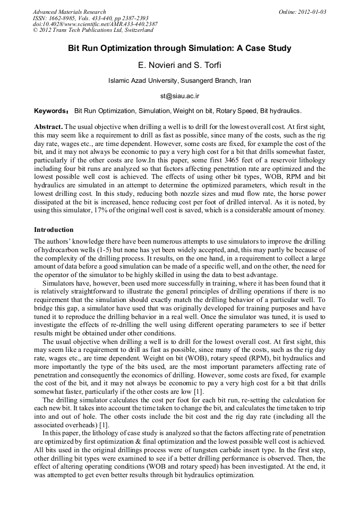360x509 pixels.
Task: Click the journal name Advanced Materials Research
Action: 69,11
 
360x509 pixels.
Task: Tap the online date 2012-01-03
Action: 310,11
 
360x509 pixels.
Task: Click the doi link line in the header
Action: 95,24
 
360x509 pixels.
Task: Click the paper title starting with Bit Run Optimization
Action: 179,48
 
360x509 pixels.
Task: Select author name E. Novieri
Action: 157,65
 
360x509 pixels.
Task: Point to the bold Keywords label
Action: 51,111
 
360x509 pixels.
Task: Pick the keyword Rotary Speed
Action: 236,111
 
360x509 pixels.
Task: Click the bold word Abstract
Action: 48,127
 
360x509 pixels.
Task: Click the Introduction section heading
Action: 54,230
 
